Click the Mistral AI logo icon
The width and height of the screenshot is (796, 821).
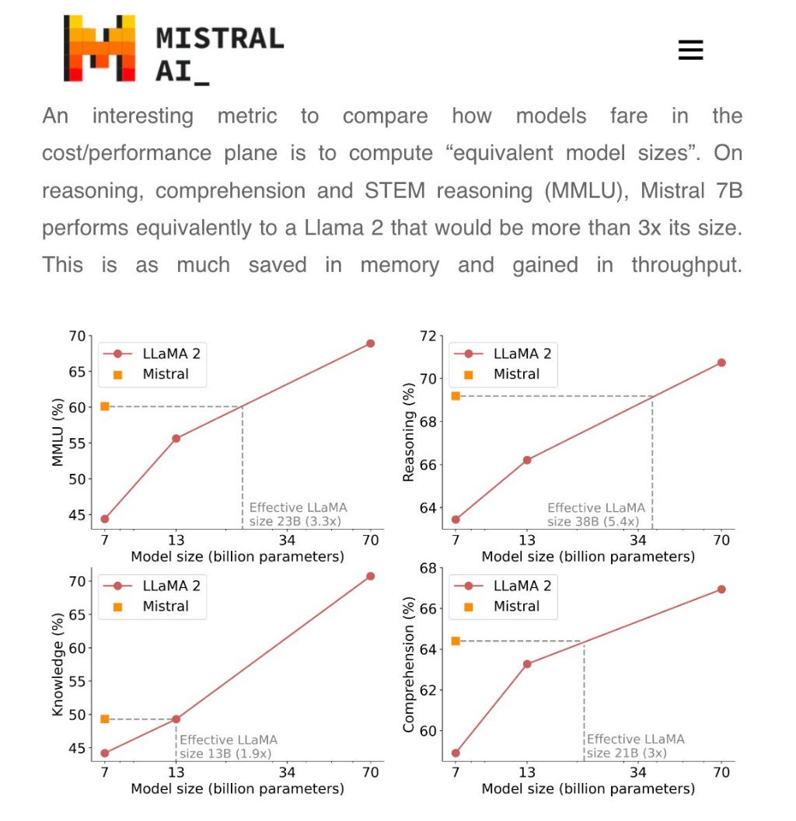[x=99, y=48]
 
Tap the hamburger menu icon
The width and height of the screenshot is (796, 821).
[x=690, y=50]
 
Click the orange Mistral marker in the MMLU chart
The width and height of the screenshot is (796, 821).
[x=105, y=406]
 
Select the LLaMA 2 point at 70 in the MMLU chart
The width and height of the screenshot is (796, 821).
[x=370, y=343]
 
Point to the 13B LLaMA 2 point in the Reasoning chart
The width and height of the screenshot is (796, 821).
[x=527, y=460]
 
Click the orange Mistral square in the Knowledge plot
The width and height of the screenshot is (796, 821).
[x=105, y=719]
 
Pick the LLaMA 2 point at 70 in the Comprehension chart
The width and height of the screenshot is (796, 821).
[x=721, y=590]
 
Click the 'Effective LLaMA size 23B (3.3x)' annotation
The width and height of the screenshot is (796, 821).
[x=297, y=514]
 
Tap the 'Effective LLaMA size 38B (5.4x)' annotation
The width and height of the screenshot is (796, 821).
[x=595, y=514]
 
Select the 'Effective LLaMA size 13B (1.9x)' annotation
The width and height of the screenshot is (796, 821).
[x=228, y=746]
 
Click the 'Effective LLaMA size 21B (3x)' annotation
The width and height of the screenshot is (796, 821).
[x=635, y=746]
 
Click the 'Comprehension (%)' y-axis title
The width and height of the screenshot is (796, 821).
[x=408, y=669]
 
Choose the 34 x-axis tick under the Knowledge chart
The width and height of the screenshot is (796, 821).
[x=287, y=773]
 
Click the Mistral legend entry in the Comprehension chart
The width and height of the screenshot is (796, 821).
[x=515, y=607]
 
